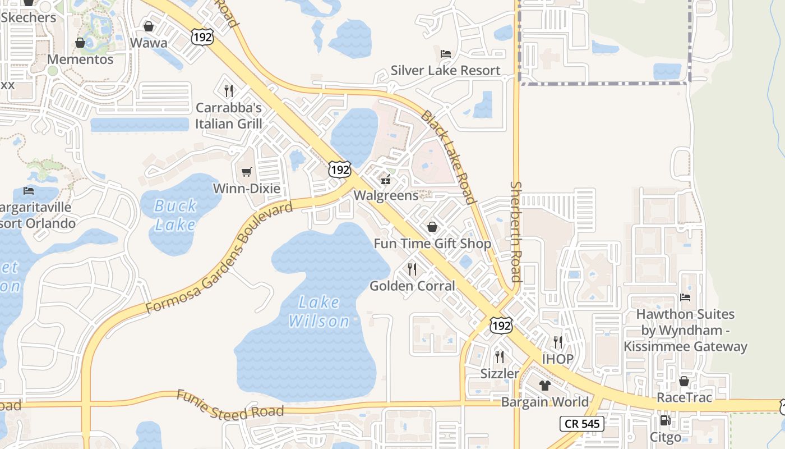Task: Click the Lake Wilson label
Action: point(318,311)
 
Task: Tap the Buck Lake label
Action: point(175,216)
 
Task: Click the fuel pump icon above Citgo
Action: point(666,420)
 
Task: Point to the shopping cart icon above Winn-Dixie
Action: point(246,172)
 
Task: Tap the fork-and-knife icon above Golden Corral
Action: point(412,269)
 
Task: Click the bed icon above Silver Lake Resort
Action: point(446,54)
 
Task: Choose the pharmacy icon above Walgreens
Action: point(386,180)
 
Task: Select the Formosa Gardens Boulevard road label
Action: point(219,258)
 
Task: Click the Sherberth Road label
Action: point(516,231)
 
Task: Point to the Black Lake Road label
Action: point(448,157)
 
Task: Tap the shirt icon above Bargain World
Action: point(544,386)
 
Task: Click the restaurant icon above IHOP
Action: point(557,342)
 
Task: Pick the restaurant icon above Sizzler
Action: point(500,356)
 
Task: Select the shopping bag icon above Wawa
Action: point(149,26)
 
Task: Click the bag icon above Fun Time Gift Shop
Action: point(432,227)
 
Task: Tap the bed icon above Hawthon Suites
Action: point(685,297)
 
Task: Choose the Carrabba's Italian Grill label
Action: point(229,115)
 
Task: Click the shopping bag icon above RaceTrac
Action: point(684,381)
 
